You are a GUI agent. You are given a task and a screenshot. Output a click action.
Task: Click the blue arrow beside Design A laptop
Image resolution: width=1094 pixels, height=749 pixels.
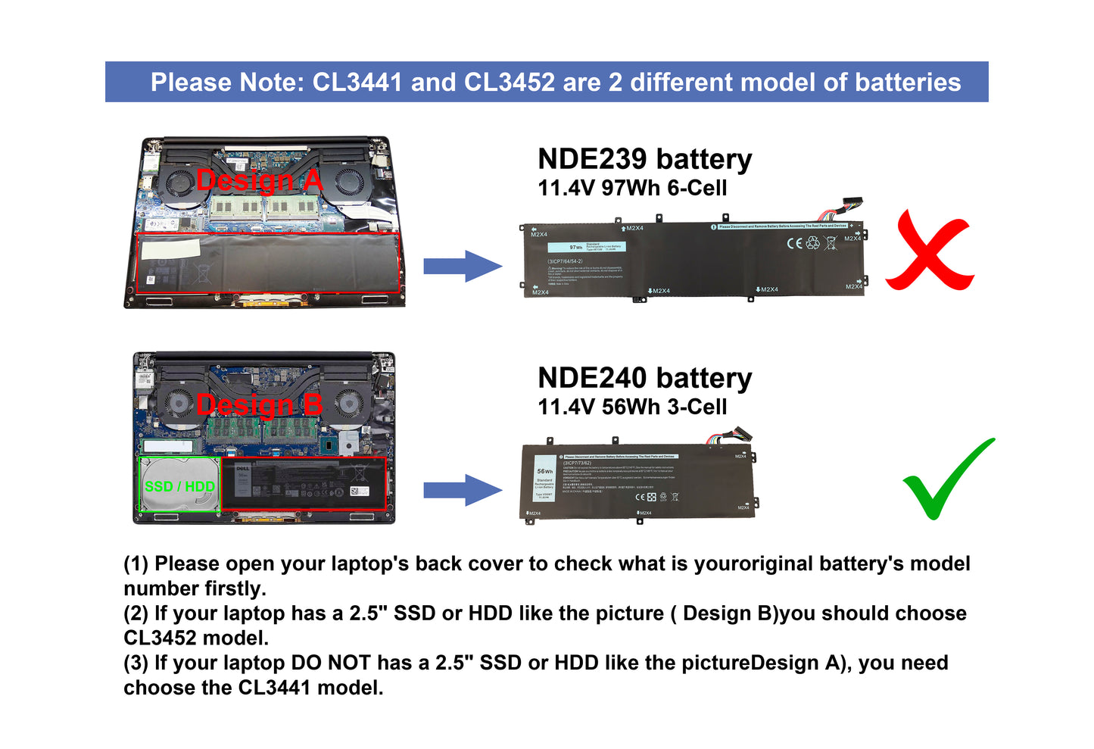coord(462,266)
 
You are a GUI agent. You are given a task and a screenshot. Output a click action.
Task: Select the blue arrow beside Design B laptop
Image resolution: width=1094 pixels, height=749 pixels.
coord(462,489)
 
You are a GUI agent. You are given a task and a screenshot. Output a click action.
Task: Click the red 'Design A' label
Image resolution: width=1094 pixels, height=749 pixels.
coord(259,181)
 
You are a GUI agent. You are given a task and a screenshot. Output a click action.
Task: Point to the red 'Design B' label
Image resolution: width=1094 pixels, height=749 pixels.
coord(259,405)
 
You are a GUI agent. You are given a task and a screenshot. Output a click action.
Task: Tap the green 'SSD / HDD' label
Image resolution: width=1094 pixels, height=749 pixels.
coord(179,486)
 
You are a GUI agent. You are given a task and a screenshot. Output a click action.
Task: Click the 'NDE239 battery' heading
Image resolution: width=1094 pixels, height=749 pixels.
coord(644,159)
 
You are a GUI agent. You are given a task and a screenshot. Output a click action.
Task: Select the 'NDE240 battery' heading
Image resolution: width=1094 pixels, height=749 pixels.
coord(644,378)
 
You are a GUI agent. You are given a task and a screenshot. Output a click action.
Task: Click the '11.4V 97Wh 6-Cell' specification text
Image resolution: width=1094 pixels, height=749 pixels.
coord(632,188)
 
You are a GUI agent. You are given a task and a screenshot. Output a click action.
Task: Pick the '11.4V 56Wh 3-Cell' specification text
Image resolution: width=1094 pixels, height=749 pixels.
coord(632,407)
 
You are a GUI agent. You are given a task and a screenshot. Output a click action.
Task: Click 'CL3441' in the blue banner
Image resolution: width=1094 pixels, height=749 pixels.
coord(357,82)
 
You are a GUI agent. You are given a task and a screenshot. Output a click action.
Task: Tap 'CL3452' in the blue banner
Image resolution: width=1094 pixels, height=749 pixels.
coord(509,82)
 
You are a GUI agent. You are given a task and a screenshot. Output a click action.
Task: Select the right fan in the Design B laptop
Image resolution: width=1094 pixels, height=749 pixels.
coord(349,402)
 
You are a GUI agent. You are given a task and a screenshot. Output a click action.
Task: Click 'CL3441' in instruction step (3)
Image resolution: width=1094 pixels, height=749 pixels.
coord(274,688)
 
